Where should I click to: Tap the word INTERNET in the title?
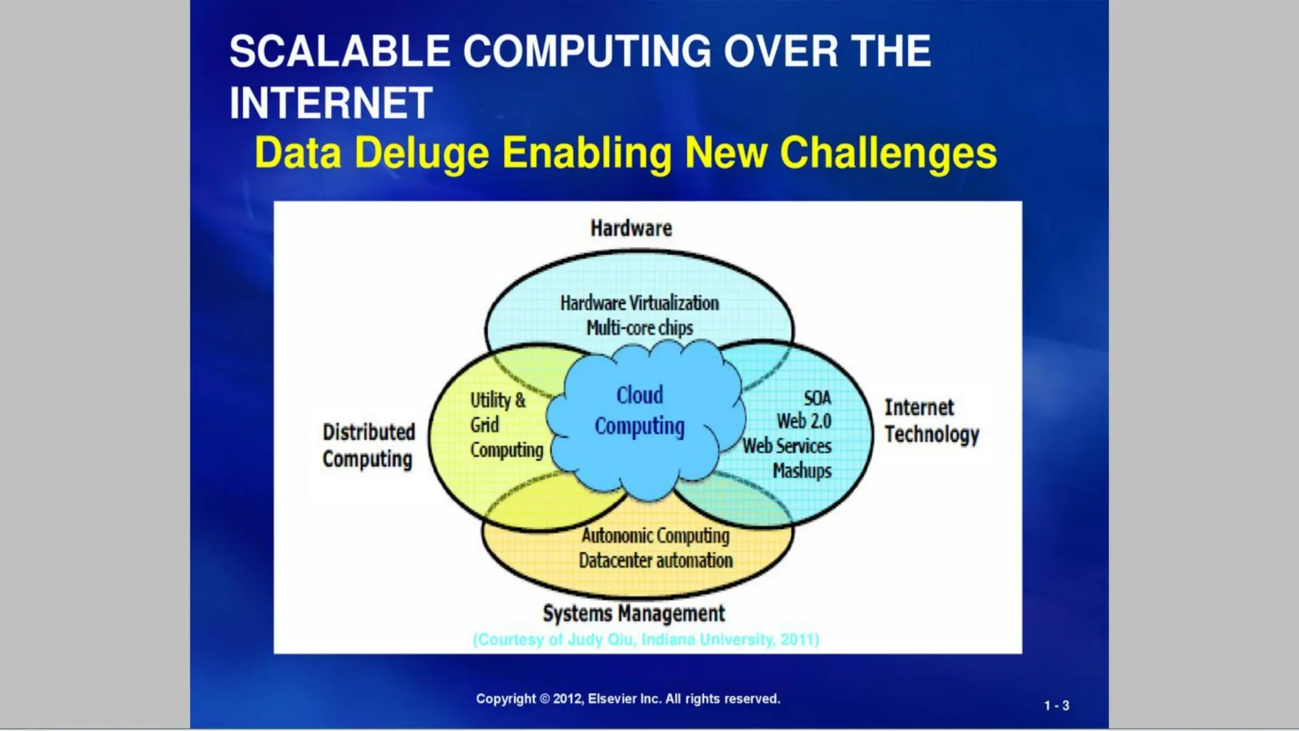331,103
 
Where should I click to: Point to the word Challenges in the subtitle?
888,154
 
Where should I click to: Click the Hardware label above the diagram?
631,228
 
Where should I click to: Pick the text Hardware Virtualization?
639,303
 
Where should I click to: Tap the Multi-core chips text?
639,328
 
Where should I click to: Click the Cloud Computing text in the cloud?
639,411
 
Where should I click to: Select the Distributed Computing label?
369,445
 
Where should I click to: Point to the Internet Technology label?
932,421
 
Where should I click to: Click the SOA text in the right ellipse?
817,398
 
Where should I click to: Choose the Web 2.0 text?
804,421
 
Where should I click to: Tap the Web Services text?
787,446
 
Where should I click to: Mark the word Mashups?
802,471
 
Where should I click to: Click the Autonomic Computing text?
655,536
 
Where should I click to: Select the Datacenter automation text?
655,561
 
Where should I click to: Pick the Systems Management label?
634,614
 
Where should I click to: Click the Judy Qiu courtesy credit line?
646,640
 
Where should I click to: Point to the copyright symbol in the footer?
545,699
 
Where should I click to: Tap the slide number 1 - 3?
1057,706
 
